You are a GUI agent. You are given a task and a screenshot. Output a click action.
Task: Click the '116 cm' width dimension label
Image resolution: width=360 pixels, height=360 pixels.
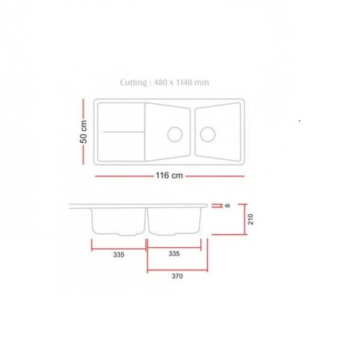click(169, 176)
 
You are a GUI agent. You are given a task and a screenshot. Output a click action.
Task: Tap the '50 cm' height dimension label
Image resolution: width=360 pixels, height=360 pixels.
click(83, 132)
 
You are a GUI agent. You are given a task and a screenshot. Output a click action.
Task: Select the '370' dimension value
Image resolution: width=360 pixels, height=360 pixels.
click(177, 276)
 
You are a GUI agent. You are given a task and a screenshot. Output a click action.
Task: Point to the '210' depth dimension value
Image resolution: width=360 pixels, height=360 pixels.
click(250, 219)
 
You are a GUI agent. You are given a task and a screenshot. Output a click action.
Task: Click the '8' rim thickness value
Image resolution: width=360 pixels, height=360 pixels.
click(227, 206)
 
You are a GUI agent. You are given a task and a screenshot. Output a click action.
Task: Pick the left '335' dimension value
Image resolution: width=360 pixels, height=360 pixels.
click(119, 254)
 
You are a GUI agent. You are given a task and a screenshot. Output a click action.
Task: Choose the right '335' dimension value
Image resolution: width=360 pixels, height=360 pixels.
click(174, 254)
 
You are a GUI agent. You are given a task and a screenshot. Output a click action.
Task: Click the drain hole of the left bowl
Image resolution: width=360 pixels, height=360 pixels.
click(175, 134)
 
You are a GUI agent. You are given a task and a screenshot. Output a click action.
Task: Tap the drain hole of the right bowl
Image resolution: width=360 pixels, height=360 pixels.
click(208, 134)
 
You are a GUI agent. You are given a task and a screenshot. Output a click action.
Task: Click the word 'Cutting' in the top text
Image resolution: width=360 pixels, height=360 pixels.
click(133, 83)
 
